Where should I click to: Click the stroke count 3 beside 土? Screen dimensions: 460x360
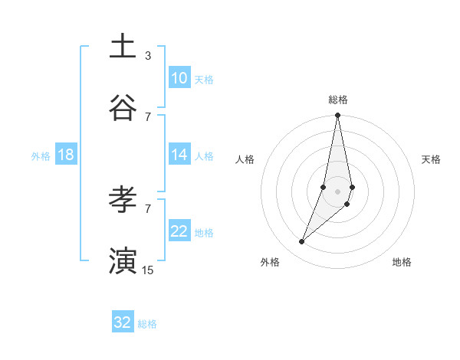click(x=148, y=55)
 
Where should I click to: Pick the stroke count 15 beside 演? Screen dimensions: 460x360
click(x=148, y=270)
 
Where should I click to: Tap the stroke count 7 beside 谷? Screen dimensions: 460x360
click(x=148, y=116)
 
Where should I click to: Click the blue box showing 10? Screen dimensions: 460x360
click(x=179, y=78)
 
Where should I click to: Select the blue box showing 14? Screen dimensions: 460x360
click(x=179, y=155)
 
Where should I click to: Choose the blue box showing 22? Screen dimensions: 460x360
click(x=179, y=231)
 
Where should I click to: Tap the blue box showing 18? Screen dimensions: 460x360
click(x=66, y=155)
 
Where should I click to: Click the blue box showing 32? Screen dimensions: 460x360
click(x=123, y=322)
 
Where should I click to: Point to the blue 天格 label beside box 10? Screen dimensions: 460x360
click(x=204, y=79)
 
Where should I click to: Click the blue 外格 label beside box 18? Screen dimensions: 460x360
click(x=41, y=155)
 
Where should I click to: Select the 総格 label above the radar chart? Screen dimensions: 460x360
click(x=338, y=100)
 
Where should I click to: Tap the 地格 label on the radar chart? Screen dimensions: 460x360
click(x=402, y=262)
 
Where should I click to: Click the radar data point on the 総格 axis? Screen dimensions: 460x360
click(x=337, y=116)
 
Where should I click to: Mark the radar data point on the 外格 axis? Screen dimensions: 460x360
click(x=302, y=241)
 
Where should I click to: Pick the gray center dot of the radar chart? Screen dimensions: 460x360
click(x=337, y=191)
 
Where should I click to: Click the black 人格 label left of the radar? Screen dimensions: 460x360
click(x=245, y=159)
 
